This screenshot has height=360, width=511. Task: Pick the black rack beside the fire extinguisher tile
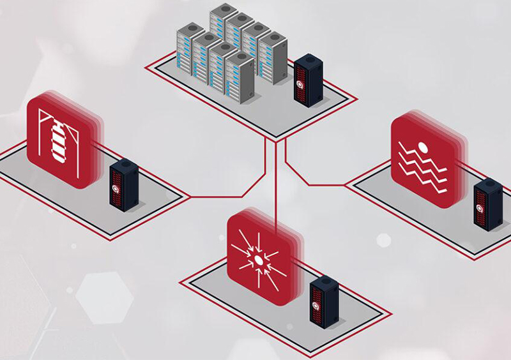click(x=124, y=185)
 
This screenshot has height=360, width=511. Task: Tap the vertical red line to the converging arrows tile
click(x=275, y=185)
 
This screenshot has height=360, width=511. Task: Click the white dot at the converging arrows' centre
click(x=258, y=259)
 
